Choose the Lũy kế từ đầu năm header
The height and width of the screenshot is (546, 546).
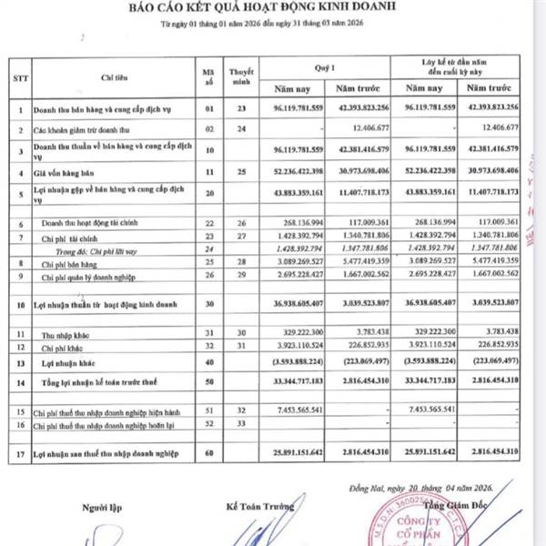pyautogui.click(x=459, y=66)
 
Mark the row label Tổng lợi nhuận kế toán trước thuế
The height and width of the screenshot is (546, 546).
pyautogui.click(x=95, y=380)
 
